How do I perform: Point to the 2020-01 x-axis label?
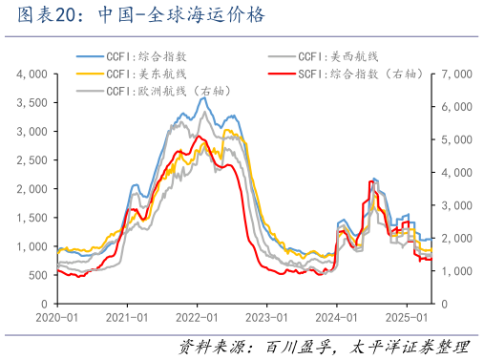57,317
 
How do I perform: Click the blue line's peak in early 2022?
202,98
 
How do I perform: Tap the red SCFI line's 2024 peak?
370,180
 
